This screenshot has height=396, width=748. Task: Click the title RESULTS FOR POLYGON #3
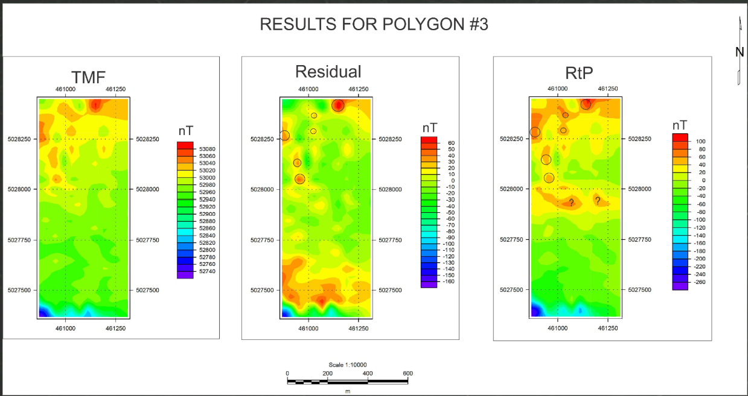pyautogui.click(x=374, y=24)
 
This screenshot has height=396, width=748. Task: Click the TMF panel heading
pyautogui.click(x=89, y=77)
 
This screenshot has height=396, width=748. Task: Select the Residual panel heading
pyautogui.click(x=328, y=72)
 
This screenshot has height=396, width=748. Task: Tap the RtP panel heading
pyautogui.click(x=579, y=73)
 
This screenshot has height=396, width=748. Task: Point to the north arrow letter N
pyautogui.click(x=739, y=52)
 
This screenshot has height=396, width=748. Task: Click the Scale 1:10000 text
pyautogui.click(x=348, y=365)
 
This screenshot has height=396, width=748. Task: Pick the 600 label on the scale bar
pyautogui.click(x=408, y=373)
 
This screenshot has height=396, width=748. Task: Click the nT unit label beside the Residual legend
pyautogui.click(x=430, y=128)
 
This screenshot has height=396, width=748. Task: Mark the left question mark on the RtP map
pyautogui.click(x=571, y=203)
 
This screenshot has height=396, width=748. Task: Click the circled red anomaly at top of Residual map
pyautogui.click(x=337, y=105)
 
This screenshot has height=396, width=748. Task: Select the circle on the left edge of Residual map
pyautogui.click(x=284, y=136)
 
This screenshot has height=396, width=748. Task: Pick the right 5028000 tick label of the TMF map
pyautogui.click(x=149, y=189)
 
